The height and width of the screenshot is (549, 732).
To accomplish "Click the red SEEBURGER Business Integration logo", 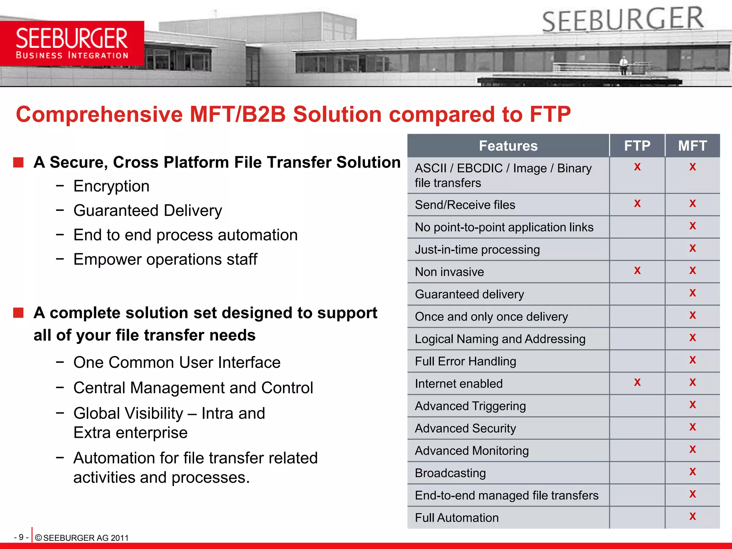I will (72, 43).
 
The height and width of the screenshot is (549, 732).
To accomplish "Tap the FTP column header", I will (637, 146).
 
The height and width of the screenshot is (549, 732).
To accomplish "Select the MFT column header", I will (692, 146).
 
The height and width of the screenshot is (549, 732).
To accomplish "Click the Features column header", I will (508, 146).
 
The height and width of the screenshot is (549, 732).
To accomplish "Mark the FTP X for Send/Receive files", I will (637, 204).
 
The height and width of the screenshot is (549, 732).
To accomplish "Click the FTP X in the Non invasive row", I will (637, 271).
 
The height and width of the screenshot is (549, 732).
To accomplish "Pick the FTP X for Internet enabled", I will (637, 382).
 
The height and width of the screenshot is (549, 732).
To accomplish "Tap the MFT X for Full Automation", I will (692, 516).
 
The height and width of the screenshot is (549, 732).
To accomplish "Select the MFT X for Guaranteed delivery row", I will (692, 293).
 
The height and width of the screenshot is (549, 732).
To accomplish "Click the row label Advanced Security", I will (465, 428).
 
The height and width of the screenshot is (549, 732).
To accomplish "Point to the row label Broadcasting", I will (450, 473).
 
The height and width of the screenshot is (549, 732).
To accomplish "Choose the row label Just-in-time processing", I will (477, 249).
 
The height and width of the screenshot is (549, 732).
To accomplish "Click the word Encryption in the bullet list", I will (112, 186).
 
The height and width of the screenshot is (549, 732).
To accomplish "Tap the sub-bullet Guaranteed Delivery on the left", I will (148, 211).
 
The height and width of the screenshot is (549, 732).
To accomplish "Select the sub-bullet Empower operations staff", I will (165, 259).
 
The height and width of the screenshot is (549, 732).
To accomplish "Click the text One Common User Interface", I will (177, 362).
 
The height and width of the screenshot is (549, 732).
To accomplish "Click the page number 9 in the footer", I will (21, 537).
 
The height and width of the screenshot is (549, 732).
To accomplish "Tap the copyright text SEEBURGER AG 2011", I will (82, 538).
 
